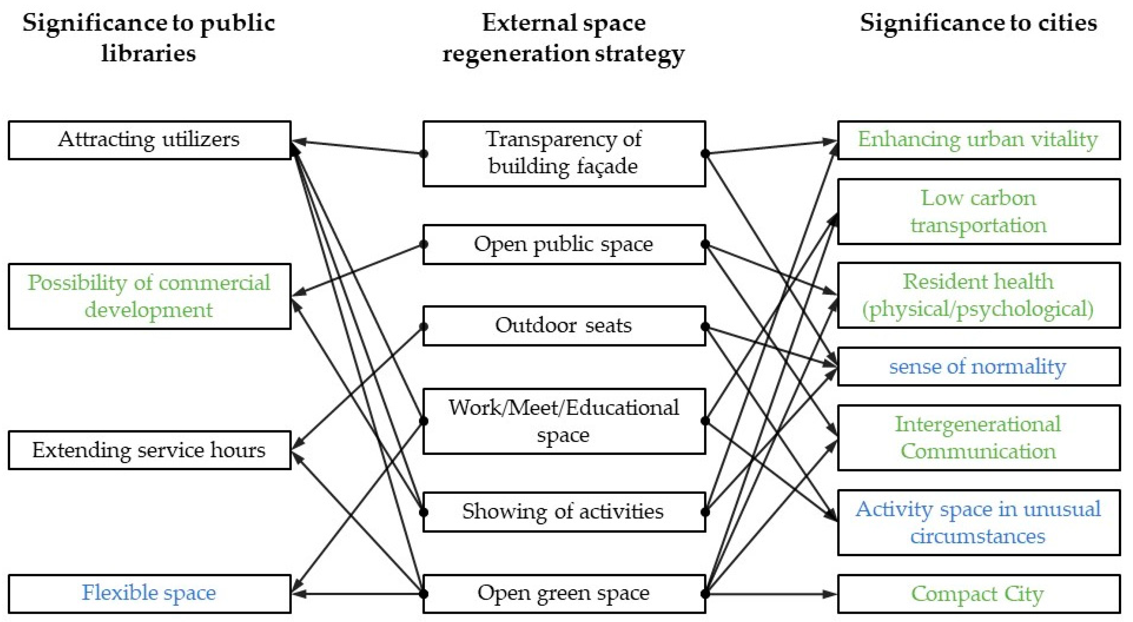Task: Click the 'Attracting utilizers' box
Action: coord(150,140)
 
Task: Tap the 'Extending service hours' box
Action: coord(150,450)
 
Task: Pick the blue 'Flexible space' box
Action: coord(150,594)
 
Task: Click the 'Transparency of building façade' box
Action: coord(564,154)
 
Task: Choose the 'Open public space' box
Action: coord(564,245)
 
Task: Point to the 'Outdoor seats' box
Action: coord(564,326)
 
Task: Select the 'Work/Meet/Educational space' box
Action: coord(564,421)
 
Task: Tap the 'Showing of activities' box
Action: coord(564,512)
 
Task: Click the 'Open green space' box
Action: coord(564,594)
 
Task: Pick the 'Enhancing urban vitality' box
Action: coord(979,140)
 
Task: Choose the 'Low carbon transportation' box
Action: coord(979,211)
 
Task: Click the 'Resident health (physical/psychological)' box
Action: coord(979,295)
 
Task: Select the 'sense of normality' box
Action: coord(979,366)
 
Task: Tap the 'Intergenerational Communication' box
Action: coord(979,438)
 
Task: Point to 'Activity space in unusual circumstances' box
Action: coord(979,522)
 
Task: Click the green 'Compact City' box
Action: coord(979,594)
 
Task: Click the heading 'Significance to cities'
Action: coord(979,23)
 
